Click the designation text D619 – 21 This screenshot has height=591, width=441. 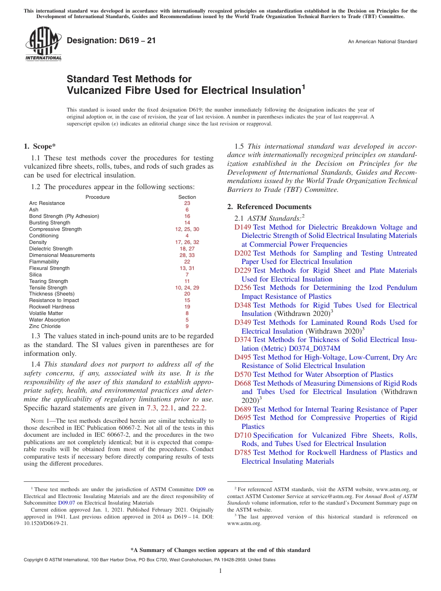pyautogui.click(x=111, y=41)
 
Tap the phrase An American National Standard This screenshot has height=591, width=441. pyautogui.click(x=382, y=42)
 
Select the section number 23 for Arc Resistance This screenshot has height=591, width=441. pyautogui.click(x=187, y=203)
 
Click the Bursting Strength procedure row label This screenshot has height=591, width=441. pyautogui.click(x=50, y=223)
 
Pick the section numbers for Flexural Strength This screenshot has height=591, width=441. pyautogui.click(x=187, y=268)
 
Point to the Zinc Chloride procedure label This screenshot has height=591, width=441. pyautogui.click(x=45, y=326)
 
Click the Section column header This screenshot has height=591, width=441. pyautogui.click(x=187, y=197)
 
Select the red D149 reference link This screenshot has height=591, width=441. pyautogui.click(x=242, y=227)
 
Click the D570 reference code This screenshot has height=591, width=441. pyautogui.click(x=242, y=374)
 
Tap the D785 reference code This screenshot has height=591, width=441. pyautogui.click(x=242, y=453)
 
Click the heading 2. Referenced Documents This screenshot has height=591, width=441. pyautogui.click(x=269, y=207)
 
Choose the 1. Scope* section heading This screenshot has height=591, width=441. pyautogui.click(x=40, y=146)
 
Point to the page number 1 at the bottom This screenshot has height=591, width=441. pyautogui.click(x=220, y=571)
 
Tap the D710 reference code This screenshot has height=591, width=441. pyautogui.click(x=242, y=435)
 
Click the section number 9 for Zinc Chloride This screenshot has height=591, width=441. pyautogui.click(x=187, y=326)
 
